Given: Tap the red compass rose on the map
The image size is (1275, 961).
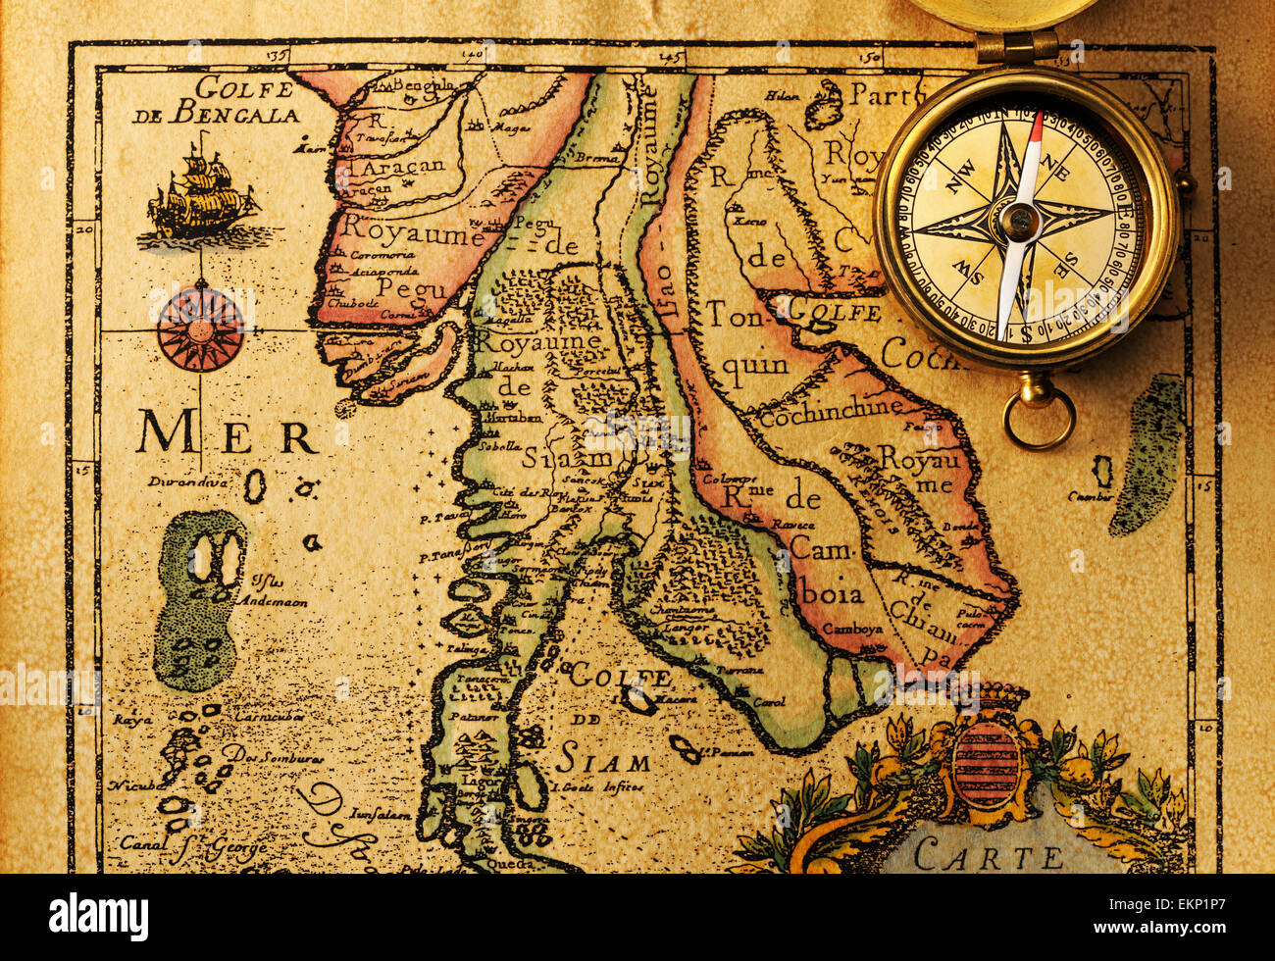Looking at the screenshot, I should (200, 328).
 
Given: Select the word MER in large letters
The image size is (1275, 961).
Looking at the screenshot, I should (227, 433).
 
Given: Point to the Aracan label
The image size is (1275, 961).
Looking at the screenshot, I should (401, 167).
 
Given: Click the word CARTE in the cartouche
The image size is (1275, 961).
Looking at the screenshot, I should (988, 857).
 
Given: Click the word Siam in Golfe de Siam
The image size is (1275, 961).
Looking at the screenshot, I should (602, 761).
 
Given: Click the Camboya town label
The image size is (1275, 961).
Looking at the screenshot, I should (851, 629).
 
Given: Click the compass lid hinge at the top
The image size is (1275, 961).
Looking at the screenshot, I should (1017, 45).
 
